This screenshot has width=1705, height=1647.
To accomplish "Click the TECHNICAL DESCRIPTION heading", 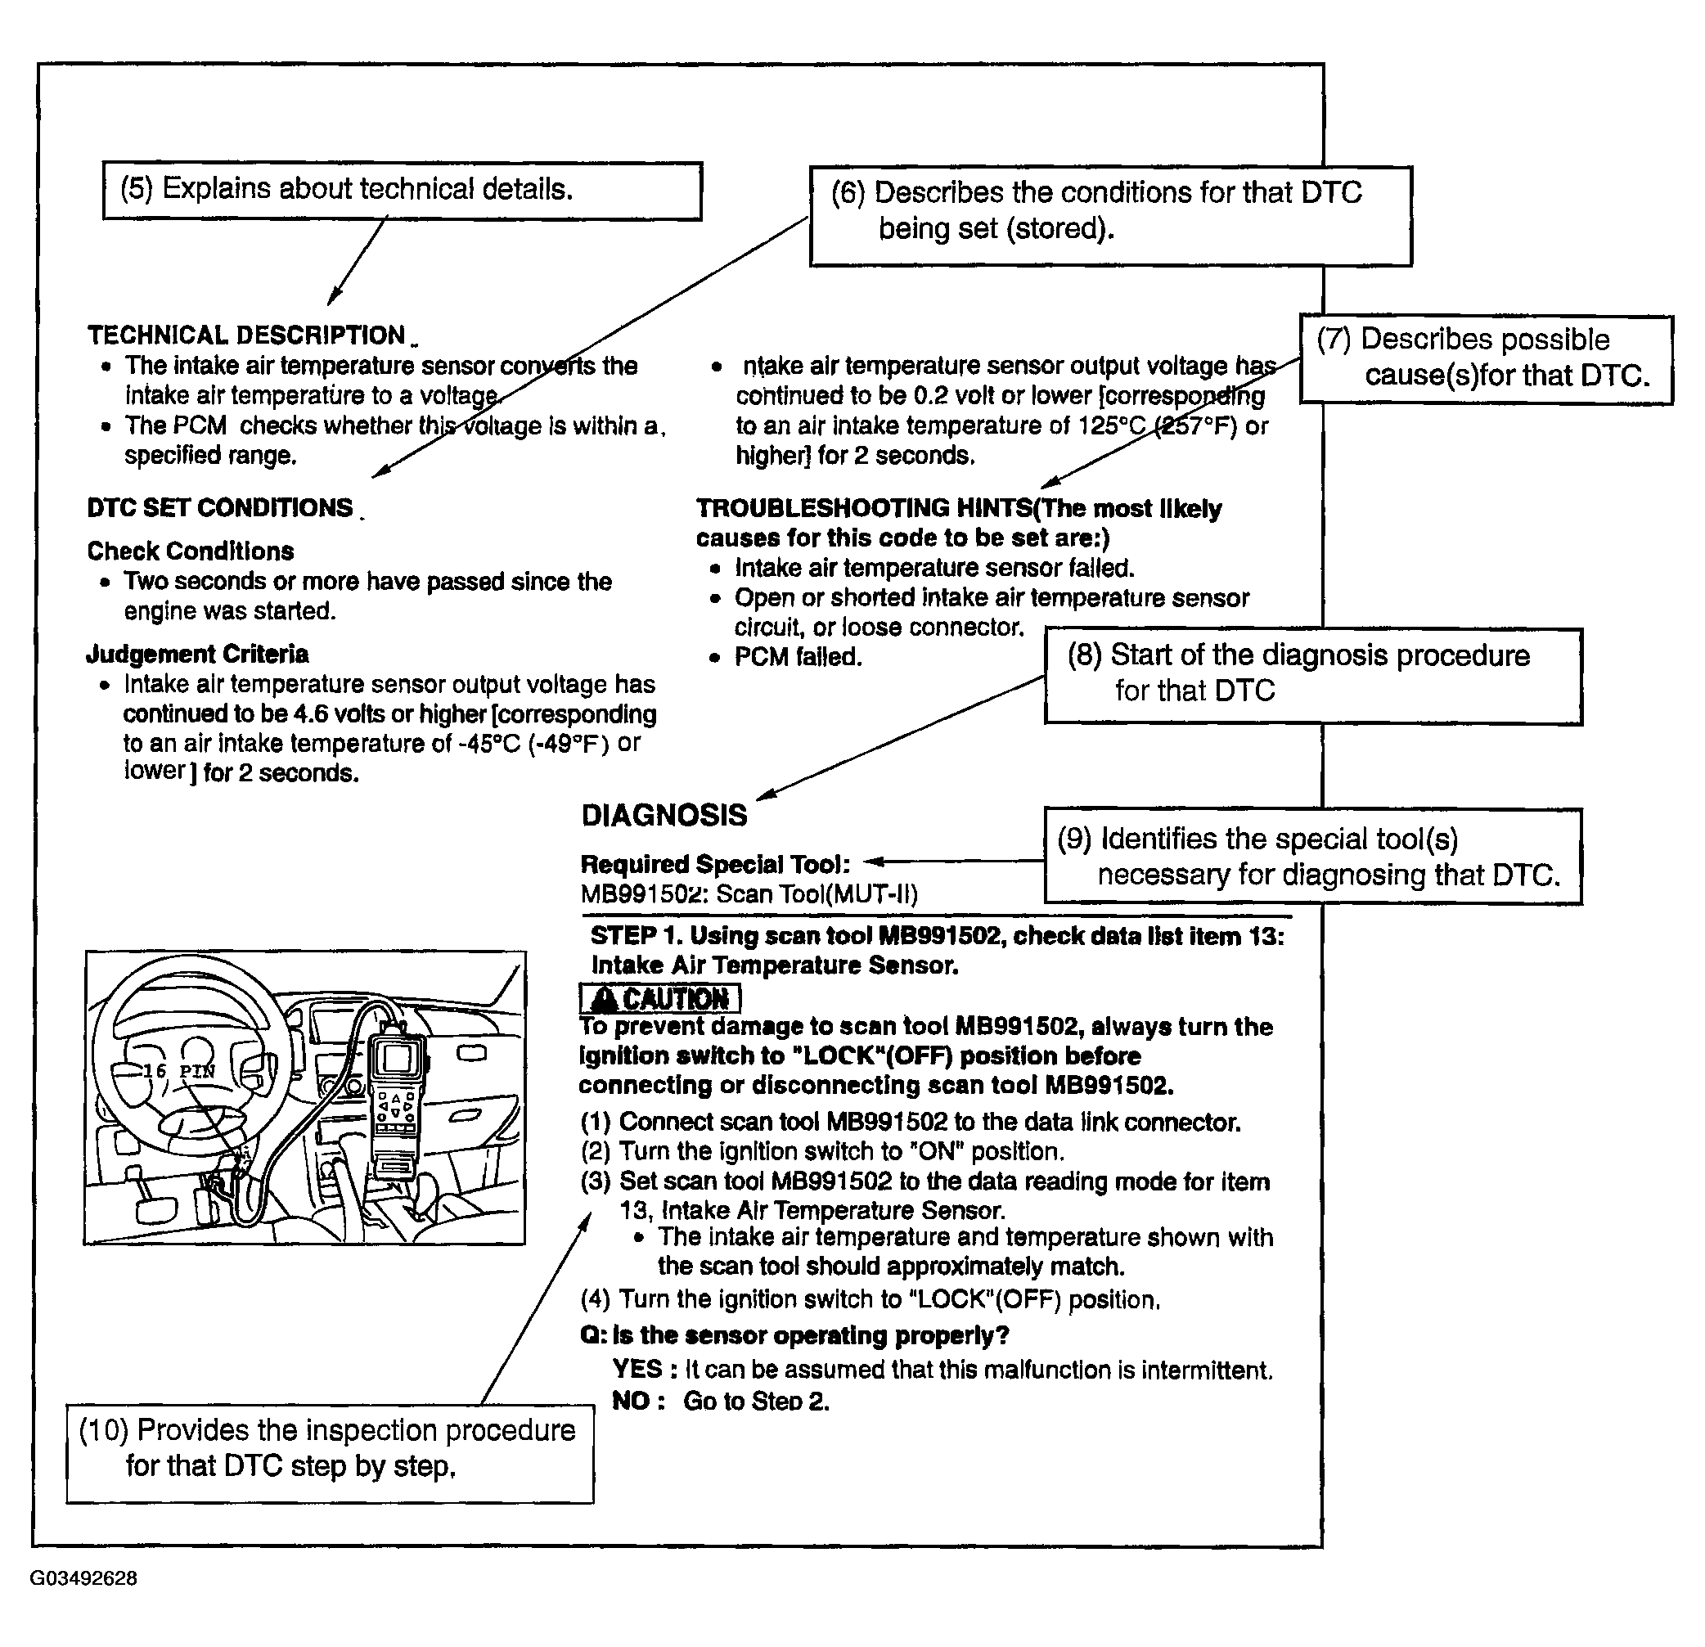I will (246, 335).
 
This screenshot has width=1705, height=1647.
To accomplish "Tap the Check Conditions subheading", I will (191, 551).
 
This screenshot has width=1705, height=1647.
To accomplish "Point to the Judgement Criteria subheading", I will (197, 654).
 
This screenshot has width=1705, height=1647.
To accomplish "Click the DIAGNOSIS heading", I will (664, 815).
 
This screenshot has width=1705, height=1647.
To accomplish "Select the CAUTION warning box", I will (660, 998).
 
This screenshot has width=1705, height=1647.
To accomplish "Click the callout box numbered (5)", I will (402, 191).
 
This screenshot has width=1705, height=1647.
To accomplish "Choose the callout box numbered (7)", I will (1485, 358).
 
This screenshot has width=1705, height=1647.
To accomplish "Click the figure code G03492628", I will (83, 1578).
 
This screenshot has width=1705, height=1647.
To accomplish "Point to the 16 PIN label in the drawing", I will (178, 1071).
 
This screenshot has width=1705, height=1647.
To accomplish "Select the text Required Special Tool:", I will (715, 864).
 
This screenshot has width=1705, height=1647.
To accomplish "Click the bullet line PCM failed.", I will (798, 657).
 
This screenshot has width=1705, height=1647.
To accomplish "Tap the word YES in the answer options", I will (637, 1370).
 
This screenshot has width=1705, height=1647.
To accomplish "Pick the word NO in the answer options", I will (632, 1401).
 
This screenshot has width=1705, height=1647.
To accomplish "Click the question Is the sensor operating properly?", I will (794, 1335).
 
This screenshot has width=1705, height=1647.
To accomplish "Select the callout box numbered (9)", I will (1312, 856).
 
